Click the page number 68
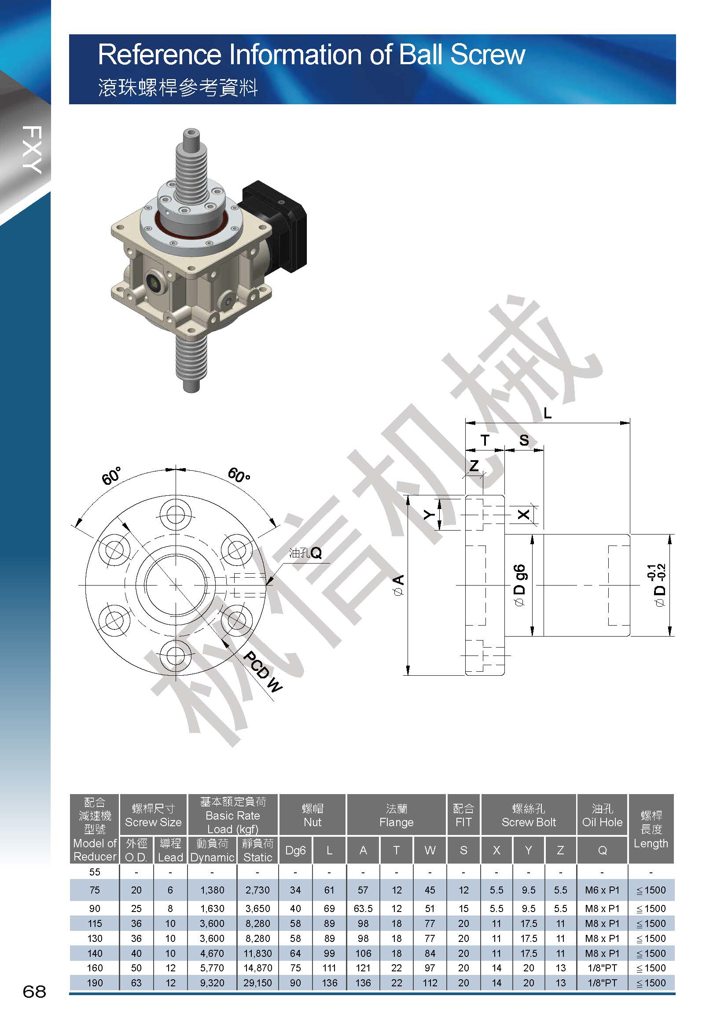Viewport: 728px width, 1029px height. click(x=34, y=991)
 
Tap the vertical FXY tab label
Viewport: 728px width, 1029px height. click(x=31, y=150)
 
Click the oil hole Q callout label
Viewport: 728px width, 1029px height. click(x=306, y=553)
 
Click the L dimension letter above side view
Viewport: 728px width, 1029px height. click(x=548, y=413)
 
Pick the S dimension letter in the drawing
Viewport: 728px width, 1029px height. click(x=524, y=440)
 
